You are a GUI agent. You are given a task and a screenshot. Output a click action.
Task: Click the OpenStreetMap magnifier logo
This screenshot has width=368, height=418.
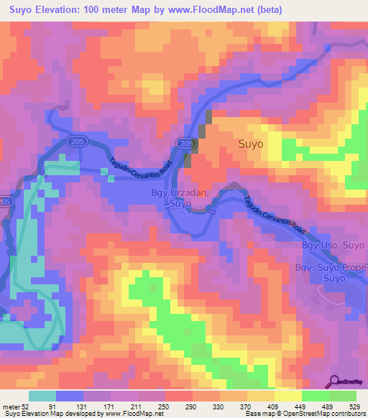click(334, 381)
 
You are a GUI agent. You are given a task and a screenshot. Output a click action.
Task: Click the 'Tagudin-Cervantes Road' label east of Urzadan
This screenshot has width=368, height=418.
click(275, 215)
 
